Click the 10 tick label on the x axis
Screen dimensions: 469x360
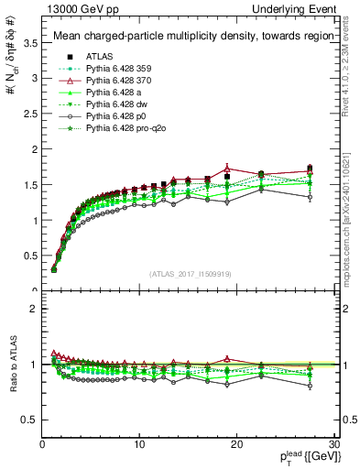[x=138, y=445]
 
